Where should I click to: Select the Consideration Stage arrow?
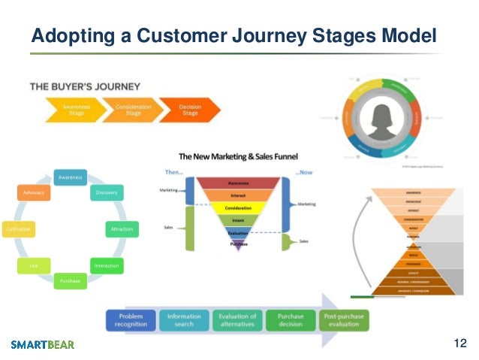[133, 110]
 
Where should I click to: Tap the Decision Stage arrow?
[190, 110]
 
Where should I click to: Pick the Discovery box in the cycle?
[106, 193]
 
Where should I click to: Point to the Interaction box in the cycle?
[107, 265]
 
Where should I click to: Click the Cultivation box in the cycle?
[17, 228]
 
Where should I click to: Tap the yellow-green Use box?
[33, 265]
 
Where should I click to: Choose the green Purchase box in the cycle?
[70, 281]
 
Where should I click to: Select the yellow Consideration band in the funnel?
[237, 207]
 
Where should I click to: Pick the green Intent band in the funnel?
[237, 219]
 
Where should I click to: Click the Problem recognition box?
[131, 321]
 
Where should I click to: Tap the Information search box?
[183, 321]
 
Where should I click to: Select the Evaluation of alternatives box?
[236, 321]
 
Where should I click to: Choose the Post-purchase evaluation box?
[342, 321]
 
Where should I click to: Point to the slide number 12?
[460, 343]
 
